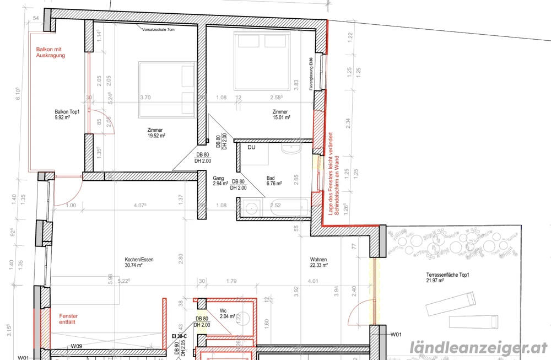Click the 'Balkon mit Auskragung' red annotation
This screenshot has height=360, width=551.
point(51,52)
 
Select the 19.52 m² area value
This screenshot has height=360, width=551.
point(156,135)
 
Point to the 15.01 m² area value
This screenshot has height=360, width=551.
point(280,117)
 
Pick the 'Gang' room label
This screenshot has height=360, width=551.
point(218,178)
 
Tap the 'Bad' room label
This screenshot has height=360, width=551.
point(271,178)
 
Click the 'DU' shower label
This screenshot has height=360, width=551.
point(252,148)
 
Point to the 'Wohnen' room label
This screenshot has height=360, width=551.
point(318,259)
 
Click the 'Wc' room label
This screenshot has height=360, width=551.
point(223,310)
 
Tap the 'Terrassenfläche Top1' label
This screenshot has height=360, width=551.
point(447,275)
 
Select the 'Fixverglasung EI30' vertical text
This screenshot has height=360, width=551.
point(311,70)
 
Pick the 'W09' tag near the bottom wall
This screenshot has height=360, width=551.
point(76,346)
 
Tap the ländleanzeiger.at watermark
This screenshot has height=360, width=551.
point(479,347)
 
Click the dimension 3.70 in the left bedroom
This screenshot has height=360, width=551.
point(145,98)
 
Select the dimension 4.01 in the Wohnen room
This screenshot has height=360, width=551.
point(314,281)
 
